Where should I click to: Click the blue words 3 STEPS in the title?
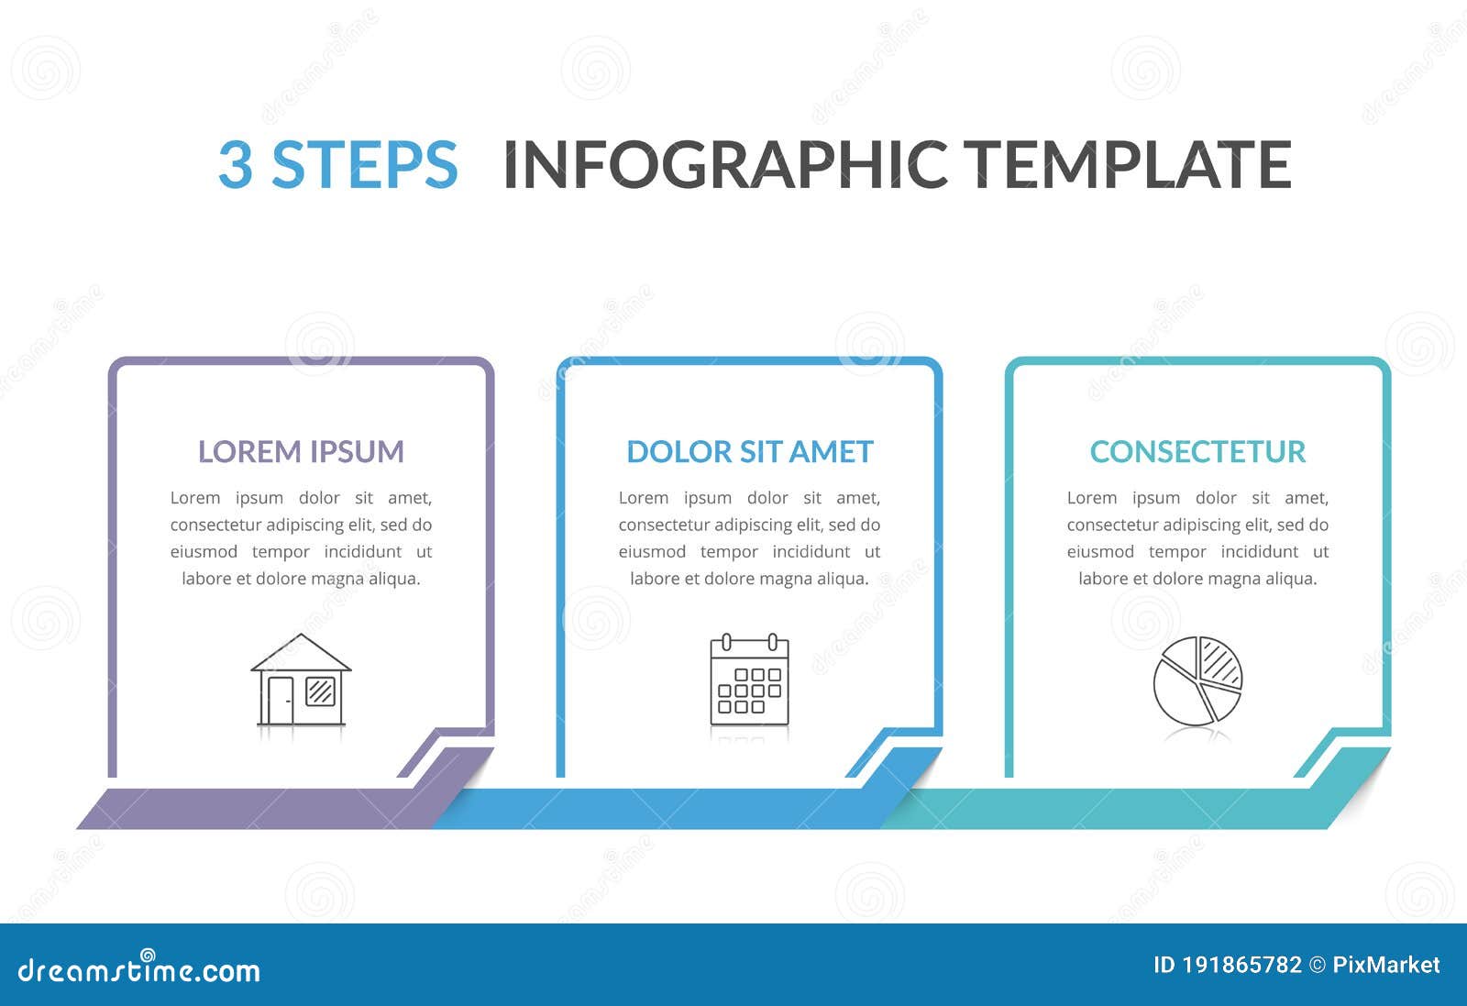337,165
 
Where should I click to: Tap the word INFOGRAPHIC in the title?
725,165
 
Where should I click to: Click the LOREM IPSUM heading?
301,451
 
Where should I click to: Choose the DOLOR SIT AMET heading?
749,451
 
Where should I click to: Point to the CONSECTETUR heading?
1197,451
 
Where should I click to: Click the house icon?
301,680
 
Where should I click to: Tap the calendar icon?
749,680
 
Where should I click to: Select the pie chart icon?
1197,680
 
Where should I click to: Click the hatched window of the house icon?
320,691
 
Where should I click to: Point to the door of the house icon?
280,699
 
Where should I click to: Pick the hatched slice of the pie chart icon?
1220,662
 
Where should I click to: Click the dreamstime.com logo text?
139,969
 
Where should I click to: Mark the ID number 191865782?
1241,965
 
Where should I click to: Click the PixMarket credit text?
1385,965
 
